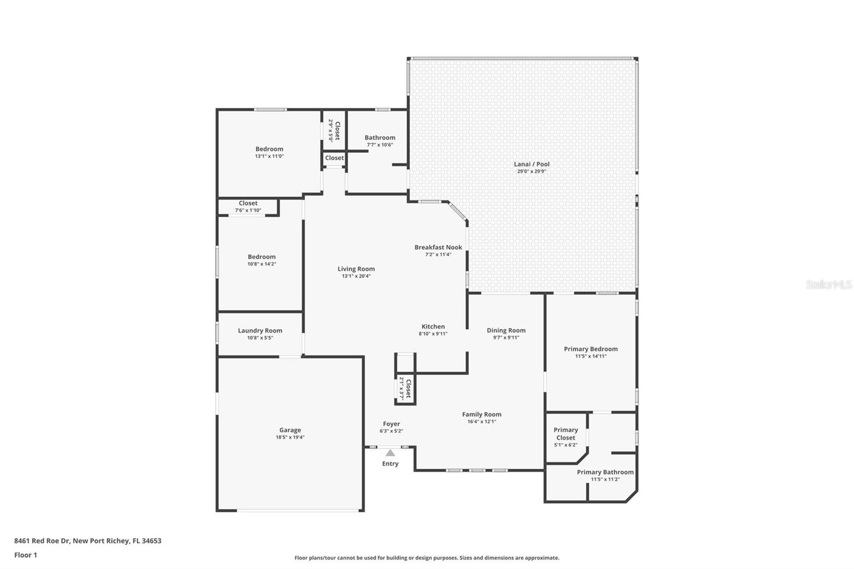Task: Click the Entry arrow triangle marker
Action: pos(390,453)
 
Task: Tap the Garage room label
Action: pos(290,430)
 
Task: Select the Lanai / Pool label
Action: pos(532,164)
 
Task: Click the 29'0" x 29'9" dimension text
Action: pos(532,171)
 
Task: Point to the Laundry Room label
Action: pos(260,331)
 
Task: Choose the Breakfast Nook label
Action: pos(438,247)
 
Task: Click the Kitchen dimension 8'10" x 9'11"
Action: pos(433,334)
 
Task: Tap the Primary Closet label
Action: pos(566,433)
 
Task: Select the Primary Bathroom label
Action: pos(605,472)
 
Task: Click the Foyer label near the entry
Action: pos(391,424)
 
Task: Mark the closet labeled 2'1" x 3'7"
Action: pos(405,389)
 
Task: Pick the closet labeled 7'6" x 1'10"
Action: pos(248,207)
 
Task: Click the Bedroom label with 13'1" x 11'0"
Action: pos(269,149)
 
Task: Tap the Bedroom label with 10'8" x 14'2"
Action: pos(262,257)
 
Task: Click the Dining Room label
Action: pos(506,330)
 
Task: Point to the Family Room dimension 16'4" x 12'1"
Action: pos(481,421)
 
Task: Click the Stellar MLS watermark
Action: pos(828,285)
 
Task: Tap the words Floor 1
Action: pos(26,555)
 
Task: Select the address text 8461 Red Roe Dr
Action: pos(42,541)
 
